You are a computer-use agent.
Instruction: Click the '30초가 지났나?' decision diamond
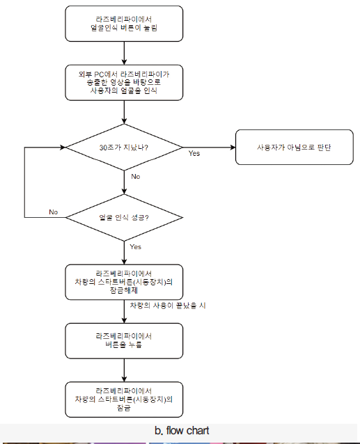click(124, 148)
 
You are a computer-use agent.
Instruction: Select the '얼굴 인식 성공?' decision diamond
click(124, 217)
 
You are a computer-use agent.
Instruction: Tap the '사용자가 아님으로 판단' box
click(295, 148)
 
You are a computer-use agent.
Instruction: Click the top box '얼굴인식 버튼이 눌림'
click(124, 24)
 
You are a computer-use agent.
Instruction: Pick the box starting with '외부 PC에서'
click(124, 83)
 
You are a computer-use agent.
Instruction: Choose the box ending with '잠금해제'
click(124, 282)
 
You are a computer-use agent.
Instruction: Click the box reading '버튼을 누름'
click(124, 341)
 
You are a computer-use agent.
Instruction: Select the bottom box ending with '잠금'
click(124, 399)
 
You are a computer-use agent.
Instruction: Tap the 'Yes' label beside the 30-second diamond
click(194, 153)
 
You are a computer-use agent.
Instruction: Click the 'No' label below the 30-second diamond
click(136, 176)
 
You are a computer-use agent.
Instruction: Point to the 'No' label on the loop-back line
click(53, 212)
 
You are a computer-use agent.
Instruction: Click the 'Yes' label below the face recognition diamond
click(135, 246)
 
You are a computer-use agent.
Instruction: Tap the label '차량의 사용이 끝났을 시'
click(168, 306)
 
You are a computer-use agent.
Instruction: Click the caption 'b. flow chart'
click(182, 430)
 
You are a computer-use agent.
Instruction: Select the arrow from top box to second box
click(124, 53)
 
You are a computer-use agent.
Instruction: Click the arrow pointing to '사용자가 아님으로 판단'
click(209, 148)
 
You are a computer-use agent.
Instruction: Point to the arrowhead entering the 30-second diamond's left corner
click(63, 148)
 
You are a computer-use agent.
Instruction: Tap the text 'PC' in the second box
click(99, 74)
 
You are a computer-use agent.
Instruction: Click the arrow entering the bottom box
click(124, 370)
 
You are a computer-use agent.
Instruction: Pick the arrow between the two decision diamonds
click(124, 182)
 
